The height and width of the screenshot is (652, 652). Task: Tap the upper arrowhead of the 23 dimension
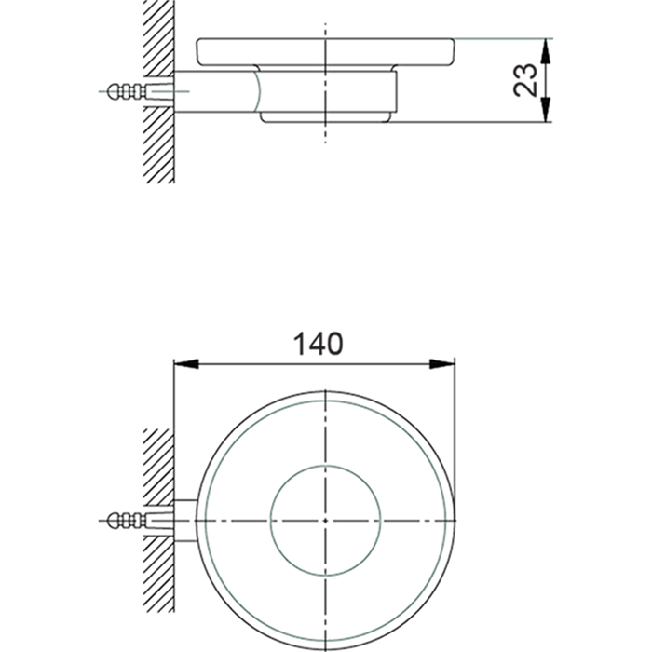[x=547, y=45]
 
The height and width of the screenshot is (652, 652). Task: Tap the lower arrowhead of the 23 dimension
[x=547, y=115]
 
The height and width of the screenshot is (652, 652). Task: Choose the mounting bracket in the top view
[x=184, y=517]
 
